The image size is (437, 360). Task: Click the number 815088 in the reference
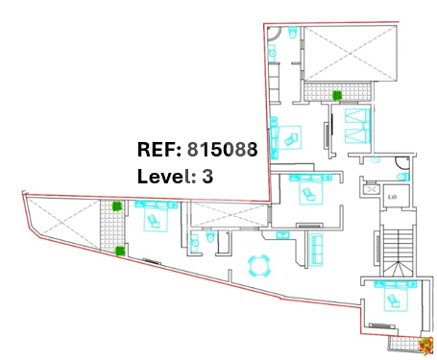tap(222, 149)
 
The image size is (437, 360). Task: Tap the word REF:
tap(159, 149)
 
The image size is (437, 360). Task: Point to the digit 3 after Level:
tap(207, 176)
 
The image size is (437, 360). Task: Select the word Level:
tap(166, 176)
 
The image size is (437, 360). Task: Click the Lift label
tap(392, 197)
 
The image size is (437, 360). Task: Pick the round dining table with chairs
tap(259, 266)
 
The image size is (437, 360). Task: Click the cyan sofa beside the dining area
tap(316, 250)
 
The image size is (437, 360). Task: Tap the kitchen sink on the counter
tap(282, 235)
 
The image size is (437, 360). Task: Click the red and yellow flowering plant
tap(425, 346)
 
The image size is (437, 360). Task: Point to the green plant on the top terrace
tap(337, 95)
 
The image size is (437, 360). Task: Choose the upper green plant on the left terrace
tap(117, 206)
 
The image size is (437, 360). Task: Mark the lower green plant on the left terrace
tap(120, 251)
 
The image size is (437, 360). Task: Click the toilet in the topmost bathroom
tap(293, 32)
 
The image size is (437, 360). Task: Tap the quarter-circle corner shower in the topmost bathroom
tap(274, 34)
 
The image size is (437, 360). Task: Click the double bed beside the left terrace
tap(156, 216)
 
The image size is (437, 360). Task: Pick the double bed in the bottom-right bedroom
tap(396, 296)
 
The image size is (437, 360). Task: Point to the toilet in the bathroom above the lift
tap(402, 177)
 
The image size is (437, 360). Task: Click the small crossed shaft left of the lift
tap(372, 190)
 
